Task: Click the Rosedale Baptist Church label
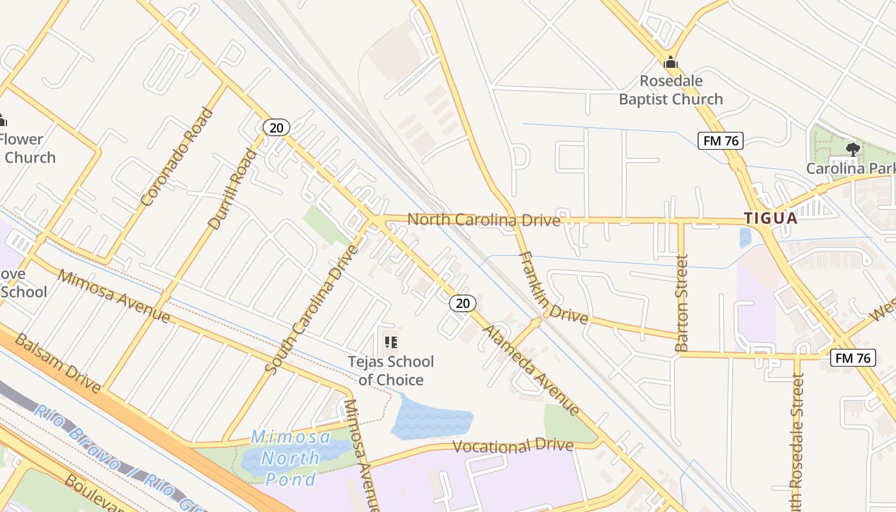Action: (x=671, y=90)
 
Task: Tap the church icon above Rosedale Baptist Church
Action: (x=671, y=63)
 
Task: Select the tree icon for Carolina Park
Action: (x=852, y=150)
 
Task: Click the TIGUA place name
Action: (x=771, y=218)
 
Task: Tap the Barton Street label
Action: (x=682, y=303)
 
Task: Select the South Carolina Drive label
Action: (x=313, y=309)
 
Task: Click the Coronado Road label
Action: (x=177, y=157)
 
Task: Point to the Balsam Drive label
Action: (x=58, y=363)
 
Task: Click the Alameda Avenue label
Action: (x=531, y=370)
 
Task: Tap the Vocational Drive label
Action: (x=513, y=445)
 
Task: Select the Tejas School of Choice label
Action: (x=390, y=371)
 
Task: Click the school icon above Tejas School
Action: (x=390, y=342)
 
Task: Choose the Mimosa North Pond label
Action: (x=291, y=458)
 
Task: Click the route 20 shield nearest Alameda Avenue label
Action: (x=462, y=303)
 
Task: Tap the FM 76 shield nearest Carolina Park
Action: (x=720, y=141)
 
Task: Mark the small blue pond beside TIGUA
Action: (x=745, y=237)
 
